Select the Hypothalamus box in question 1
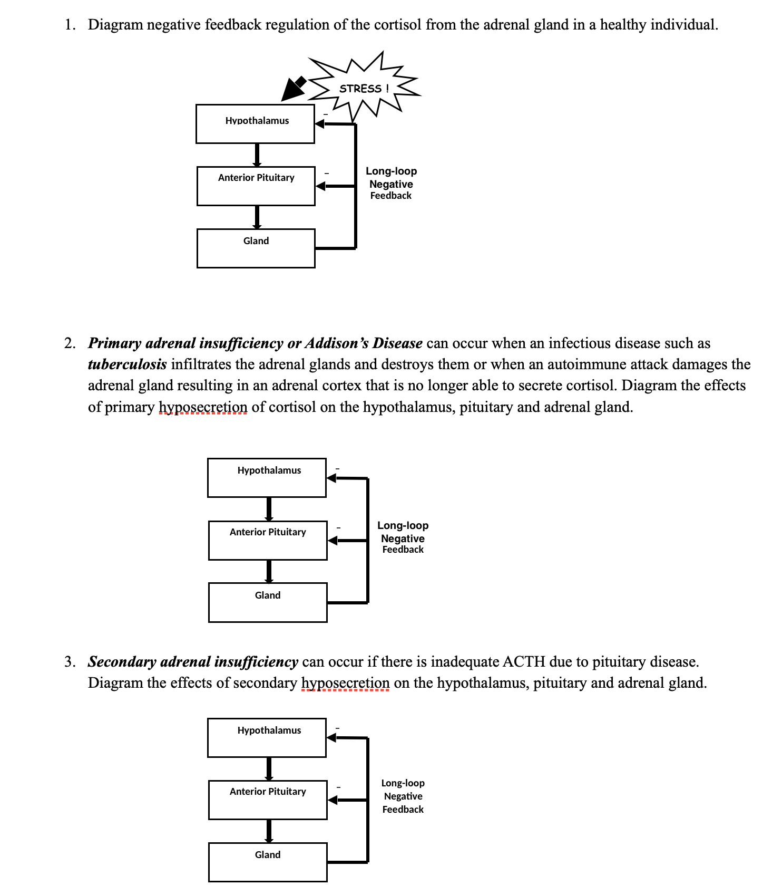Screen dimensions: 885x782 [x=255, y=124]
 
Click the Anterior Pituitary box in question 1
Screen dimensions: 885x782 [x=256, y=186]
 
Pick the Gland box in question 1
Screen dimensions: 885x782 [x=256, y=248]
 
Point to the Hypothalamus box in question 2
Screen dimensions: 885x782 [x=267, y=478]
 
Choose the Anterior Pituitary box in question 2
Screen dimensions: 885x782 [x=268, y=540]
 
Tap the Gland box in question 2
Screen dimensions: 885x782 [x=268, y=602]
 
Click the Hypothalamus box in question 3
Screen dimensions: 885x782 [x=267, y=737]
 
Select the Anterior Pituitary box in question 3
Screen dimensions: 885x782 [x=268, y=800]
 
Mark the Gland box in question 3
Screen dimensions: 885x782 [x=268, y=862]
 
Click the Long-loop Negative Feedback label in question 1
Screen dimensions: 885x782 [x=391, y=183]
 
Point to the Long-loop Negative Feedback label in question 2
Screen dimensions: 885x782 [x=403, y=537]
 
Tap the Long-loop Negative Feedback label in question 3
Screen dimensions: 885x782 [x=403, y=796]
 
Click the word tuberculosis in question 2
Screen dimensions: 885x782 [x=127, y=364]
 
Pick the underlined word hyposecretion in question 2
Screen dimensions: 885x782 [x=203, y=407]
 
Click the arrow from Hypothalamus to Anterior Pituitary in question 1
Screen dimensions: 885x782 [x=257, y=155]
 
